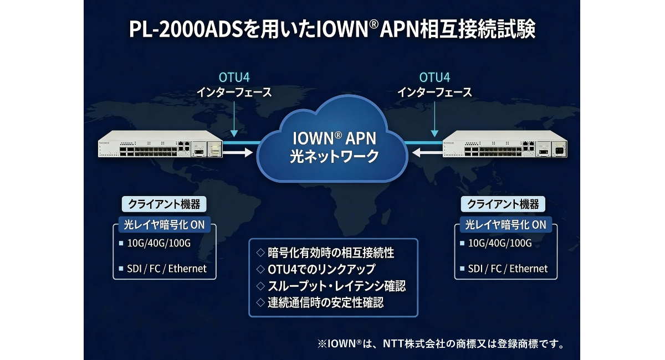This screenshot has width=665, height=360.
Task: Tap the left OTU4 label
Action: click(x=234, y=77)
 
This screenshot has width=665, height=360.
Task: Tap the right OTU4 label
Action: click(x=434, y=77)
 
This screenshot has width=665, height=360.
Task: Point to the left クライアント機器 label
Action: click(x=164, y=204)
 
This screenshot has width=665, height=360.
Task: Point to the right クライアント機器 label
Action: click(x=503, y=204)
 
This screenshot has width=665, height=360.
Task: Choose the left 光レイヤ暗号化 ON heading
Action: click(x=163, y=225)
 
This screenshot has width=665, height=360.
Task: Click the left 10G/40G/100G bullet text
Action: click(x=158, y=244)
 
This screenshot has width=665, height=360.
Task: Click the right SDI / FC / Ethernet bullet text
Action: click(x=508, y=269)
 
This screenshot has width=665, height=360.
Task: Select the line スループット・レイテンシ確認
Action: click(x=331, y=286)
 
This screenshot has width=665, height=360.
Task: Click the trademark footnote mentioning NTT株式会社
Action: click(x=441, y=344)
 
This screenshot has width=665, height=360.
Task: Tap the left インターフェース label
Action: click(x=234, y=92)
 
